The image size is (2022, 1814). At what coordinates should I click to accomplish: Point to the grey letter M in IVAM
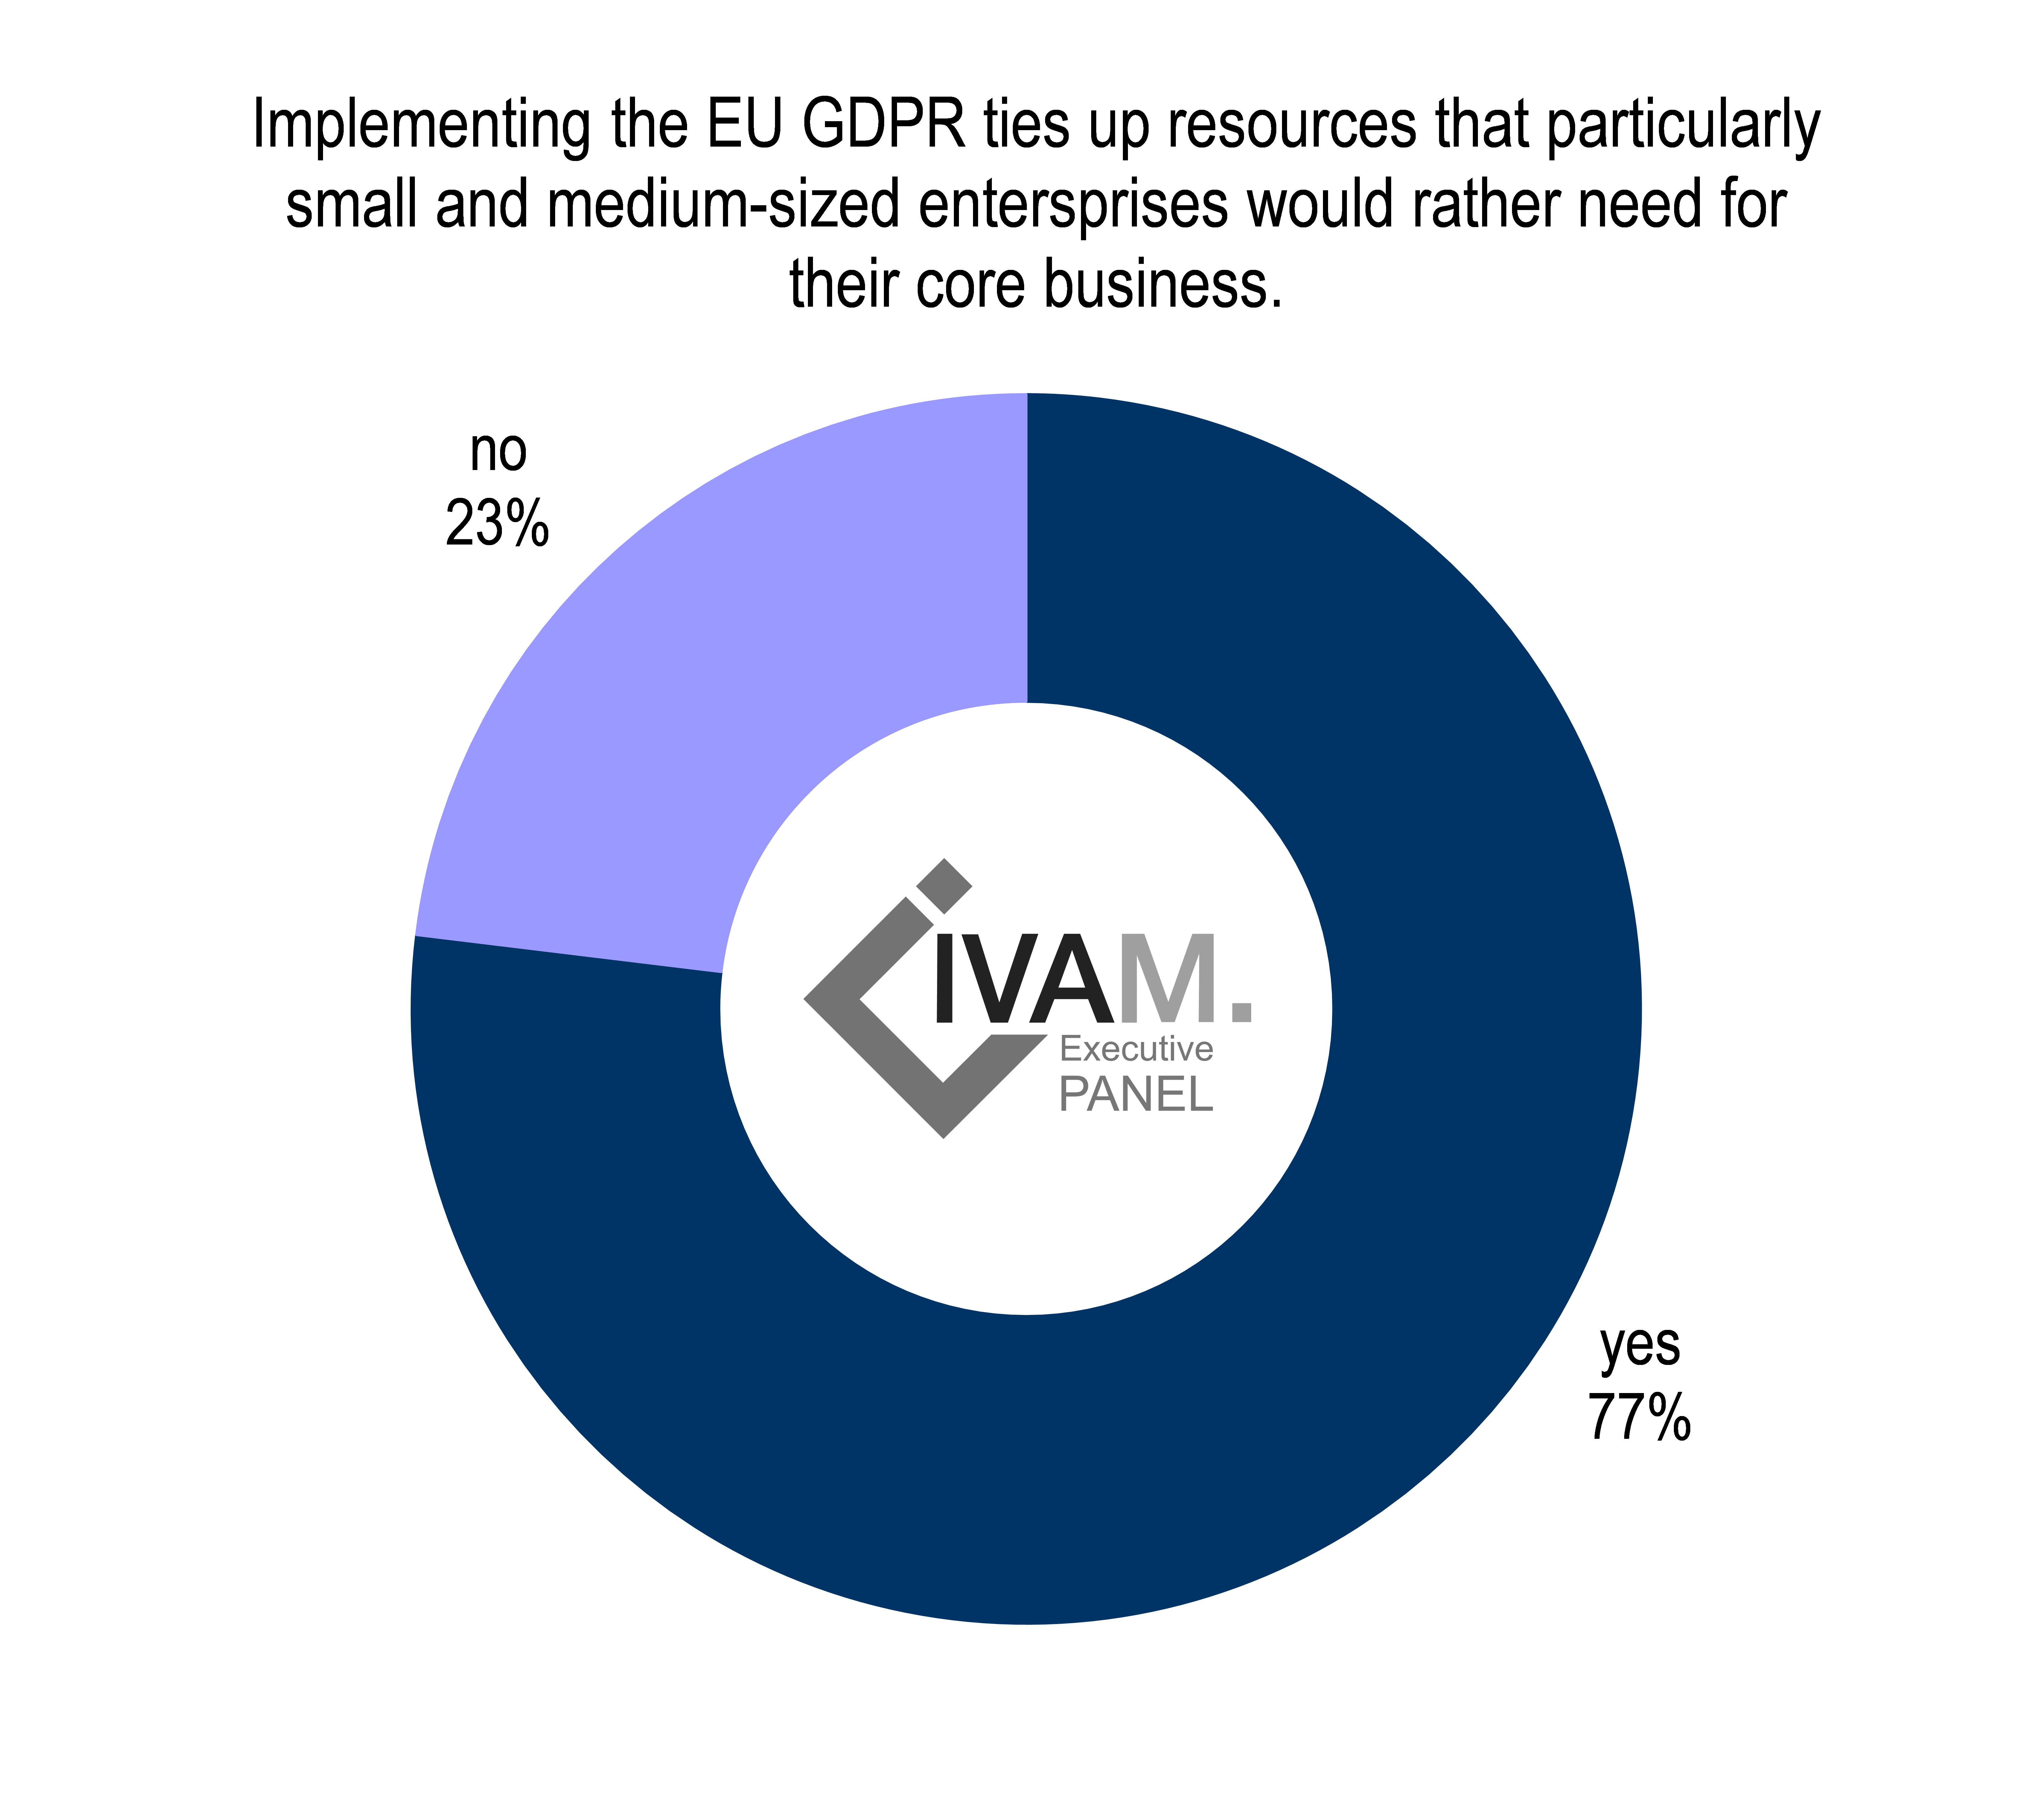tap(1168, 979)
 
